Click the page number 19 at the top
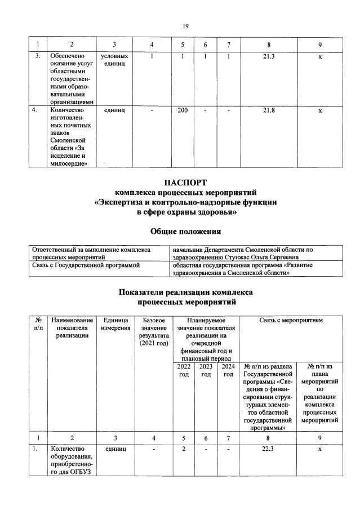pos(185,26)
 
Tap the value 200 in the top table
pos(183,110)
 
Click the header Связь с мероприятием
pos(291,320)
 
